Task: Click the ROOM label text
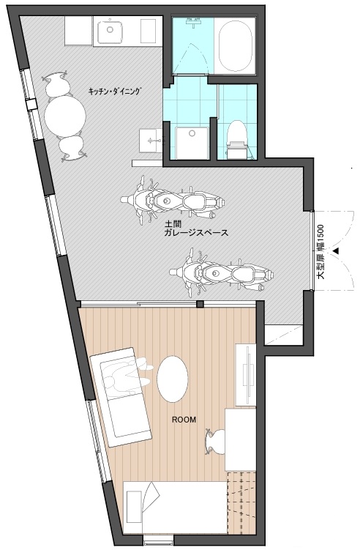click(184, 420)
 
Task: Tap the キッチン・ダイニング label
click(116, 92)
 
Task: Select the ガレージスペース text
click(196, 233)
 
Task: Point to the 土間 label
click(172, 224)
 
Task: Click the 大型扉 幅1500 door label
click(320, 251)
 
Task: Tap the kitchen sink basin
click(110, 31)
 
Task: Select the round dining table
click(65, 116)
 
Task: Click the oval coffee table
click(172, 379)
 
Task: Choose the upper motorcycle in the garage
click(173, 201)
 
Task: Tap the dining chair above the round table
click(56, 84)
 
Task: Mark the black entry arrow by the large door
click(336, 251)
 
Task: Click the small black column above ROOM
click(200, 304)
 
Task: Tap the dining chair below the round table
click(72, 149)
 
